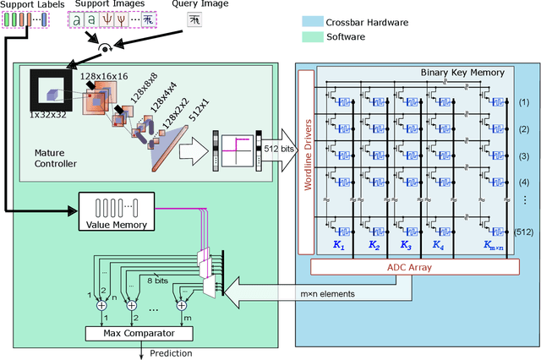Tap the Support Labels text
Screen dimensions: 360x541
[30, 6]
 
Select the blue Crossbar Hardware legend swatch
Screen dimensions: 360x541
[314, 23]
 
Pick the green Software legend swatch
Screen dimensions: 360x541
[314, 36]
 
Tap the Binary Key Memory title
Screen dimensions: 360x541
[462, 73]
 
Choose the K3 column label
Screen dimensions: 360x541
[407, 246]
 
